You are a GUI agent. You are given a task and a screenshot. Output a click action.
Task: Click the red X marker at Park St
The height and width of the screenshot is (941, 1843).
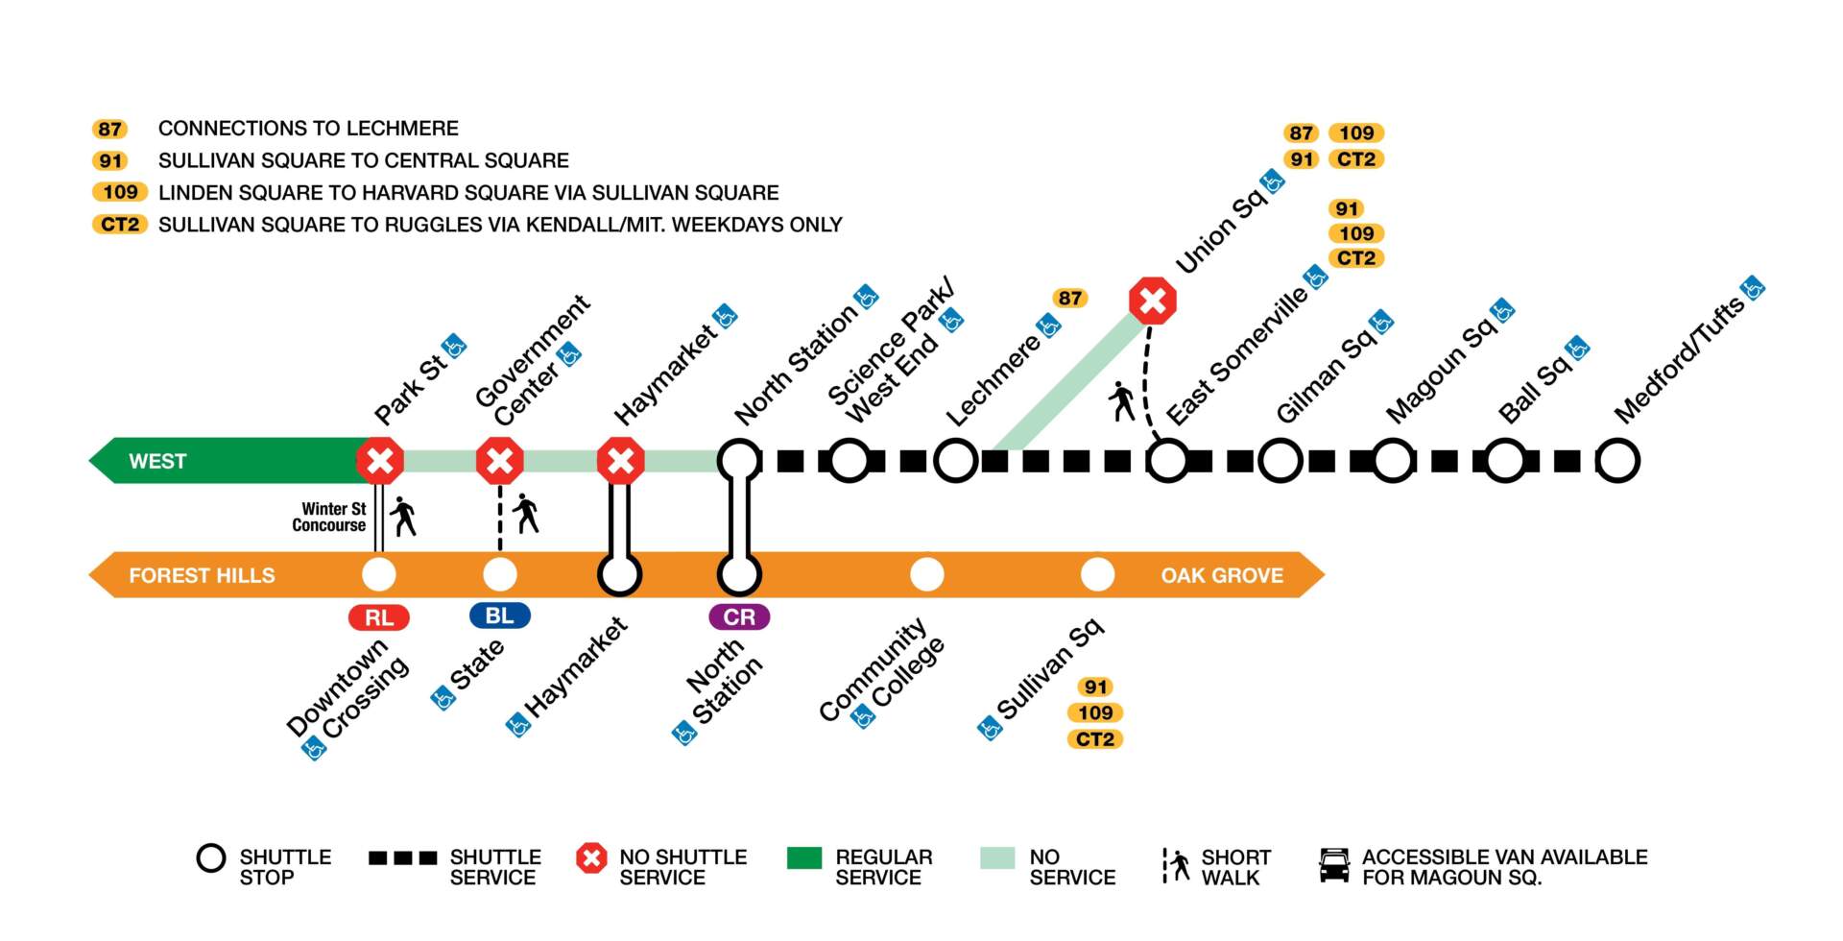click(380, 461)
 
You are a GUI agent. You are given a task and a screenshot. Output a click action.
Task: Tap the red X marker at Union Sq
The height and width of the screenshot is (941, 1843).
click(1152, 301)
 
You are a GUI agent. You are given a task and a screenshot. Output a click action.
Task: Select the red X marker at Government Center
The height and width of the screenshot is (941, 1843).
click(500, 461)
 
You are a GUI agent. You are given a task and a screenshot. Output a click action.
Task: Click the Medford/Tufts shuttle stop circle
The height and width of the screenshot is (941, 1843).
click(1617, 461)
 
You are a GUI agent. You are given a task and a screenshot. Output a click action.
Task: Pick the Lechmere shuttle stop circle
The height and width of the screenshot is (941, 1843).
click(956, 461)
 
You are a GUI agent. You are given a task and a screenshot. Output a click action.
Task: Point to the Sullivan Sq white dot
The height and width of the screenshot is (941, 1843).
click(1097, 574)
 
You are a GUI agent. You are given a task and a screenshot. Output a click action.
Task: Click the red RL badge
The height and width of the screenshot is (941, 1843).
click(379, 617)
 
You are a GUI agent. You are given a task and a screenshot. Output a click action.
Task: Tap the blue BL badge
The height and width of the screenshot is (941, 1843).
click(499, 615)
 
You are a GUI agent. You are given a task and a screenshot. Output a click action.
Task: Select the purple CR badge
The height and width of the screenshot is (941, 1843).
click(739, 616)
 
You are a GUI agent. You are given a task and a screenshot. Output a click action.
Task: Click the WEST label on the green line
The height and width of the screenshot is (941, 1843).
click(157, 461)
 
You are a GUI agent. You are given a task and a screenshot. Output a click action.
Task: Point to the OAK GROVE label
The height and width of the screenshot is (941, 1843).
click(1221, 575)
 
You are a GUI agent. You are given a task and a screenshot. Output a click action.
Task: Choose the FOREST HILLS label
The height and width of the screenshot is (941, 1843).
click(202, 575)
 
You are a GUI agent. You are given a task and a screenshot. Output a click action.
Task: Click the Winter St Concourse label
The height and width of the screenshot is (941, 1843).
click(329, 517)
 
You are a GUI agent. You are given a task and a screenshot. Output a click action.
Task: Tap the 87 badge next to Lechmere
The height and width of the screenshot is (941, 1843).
click(1070, 298)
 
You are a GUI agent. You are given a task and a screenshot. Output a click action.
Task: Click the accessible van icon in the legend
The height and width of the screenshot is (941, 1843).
click(1334, 865)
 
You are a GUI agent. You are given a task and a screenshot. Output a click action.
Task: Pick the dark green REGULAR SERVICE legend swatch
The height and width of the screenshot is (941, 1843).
click(803, 857)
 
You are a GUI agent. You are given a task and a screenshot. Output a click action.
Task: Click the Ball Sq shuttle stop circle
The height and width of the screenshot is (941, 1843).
click(1504, 461)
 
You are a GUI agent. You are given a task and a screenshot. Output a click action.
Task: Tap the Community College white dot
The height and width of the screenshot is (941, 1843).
click(926, 574)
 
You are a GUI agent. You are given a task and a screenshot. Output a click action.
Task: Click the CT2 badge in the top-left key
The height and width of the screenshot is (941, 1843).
click(120, 225)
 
